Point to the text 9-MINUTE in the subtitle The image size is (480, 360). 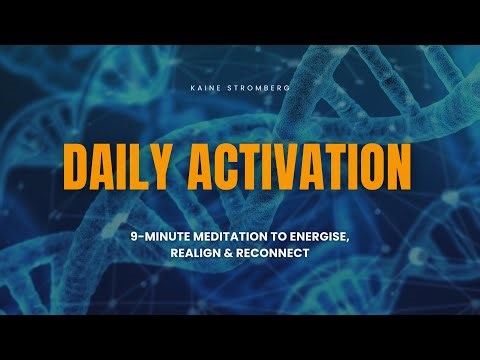[x=169, y=234]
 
